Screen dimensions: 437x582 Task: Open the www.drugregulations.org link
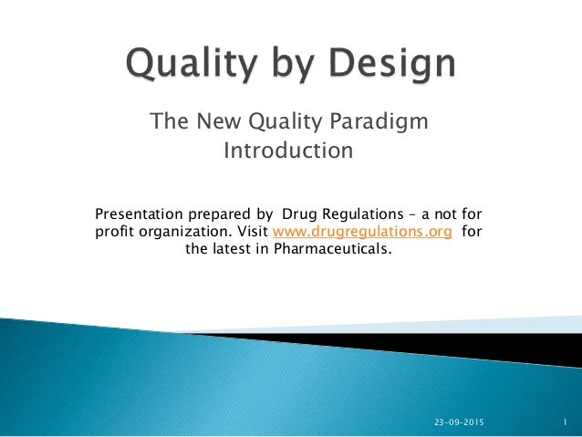(x=362, y=232)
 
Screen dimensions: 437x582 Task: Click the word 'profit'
(x=114, y=232)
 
